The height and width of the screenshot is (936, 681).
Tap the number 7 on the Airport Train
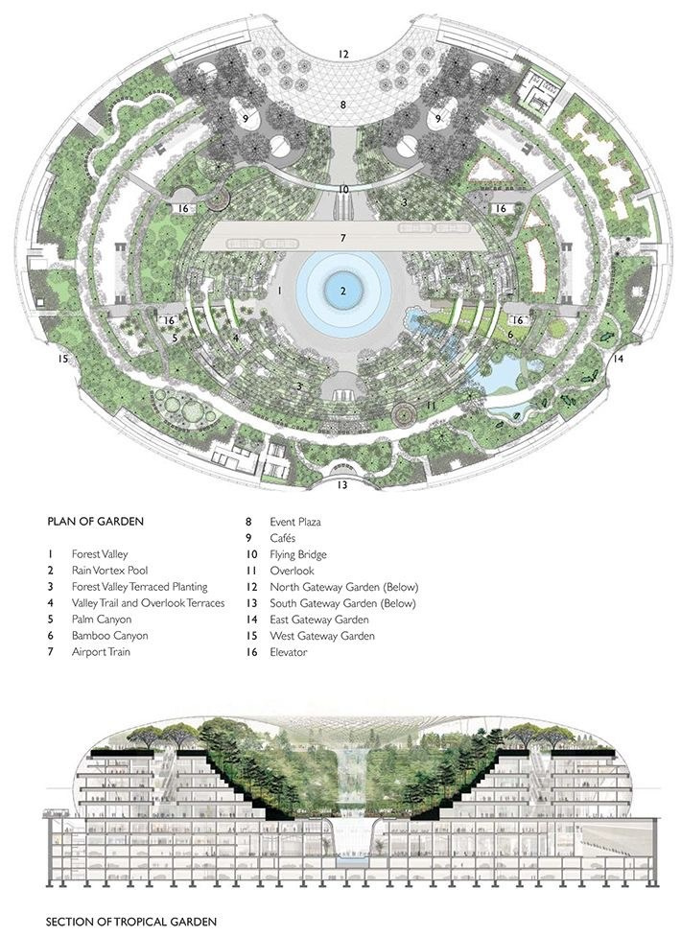tap(342, 236)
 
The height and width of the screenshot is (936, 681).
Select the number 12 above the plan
tap(343, 54)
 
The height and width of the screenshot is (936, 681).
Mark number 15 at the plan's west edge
tap(63, 359)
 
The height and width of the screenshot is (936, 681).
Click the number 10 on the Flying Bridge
tap(343, 190)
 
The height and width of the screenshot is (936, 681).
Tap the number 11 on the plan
tap(431, 407)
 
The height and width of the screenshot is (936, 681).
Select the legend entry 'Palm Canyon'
tap(102, 619)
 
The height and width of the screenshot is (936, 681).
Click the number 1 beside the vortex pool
tap(278, 289)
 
